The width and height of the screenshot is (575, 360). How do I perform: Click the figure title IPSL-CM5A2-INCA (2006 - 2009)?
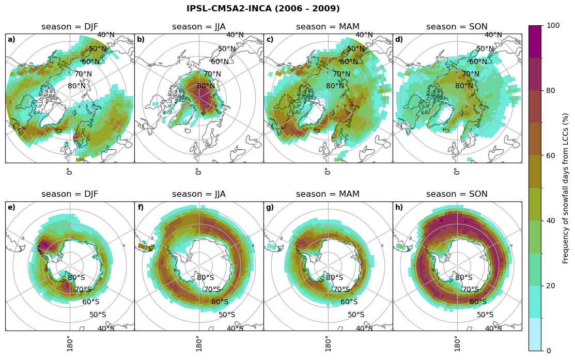(x=263, y=9)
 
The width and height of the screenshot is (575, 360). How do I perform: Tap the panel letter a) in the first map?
(x=11, y=40)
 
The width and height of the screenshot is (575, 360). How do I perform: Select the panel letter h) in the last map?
(x=399, y=208)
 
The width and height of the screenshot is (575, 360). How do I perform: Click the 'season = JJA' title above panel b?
(x=199, y=27)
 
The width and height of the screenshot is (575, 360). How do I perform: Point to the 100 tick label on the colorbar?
(x=553, y=26)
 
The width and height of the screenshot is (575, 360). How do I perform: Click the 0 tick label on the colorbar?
(x=549, y=351)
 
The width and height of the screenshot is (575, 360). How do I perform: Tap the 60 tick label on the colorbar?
(x=551, y=156)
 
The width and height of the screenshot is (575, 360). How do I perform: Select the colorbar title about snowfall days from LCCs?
(x=566, y=188)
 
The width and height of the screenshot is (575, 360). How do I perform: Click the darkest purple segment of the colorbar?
(x=535, y=41)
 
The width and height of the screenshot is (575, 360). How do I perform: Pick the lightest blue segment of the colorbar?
(x=535, y=334)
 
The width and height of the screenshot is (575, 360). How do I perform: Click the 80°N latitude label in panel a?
(x=76, y=86)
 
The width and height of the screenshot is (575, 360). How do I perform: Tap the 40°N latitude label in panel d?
(x=493, y=35)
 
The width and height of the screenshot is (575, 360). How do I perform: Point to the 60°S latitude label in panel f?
(x=220, y=302)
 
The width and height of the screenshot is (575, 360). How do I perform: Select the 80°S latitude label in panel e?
(x=76, y=278)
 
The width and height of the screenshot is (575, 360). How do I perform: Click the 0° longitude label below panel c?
(x=327, y=171)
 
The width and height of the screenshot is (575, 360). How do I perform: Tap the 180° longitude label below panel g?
(x=327, y=343)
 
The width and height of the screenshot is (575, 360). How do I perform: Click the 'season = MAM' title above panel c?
(x=328, y=27)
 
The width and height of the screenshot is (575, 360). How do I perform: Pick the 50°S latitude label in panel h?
(x=485, y=315)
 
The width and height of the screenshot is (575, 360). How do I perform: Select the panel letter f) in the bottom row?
(x=141, y=208)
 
